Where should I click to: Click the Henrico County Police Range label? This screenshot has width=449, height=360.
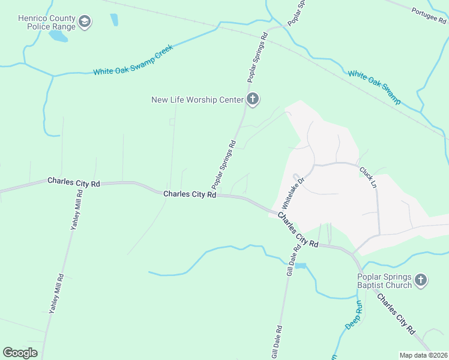tap(47, 22)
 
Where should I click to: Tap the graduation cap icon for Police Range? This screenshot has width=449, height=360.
tap(85, 23)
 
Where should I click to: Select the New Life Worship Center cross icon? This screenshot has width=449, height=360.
tap(253, 99)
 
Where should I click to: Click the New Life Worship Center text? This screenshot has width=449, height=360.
tap(197, 100)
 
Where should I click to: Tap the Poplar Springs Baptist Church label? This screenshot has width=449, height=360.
tap(384, 281)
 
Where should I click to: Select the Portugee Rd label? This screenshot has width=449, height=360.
tap(430, 18)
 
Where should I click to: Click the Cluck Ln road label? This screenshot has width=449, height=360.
tap(367, 175)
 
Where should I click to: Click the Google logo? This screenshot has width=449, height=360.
tap(20, 352)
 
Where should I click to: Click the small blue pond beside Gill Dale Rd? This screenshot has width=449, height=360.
tap(300, 266)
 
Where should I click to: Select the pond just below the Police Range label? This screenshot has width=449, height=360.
tap(58, 37)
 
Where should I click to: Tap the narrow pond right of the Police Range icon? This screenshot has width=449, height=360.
tap(113, 20)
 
